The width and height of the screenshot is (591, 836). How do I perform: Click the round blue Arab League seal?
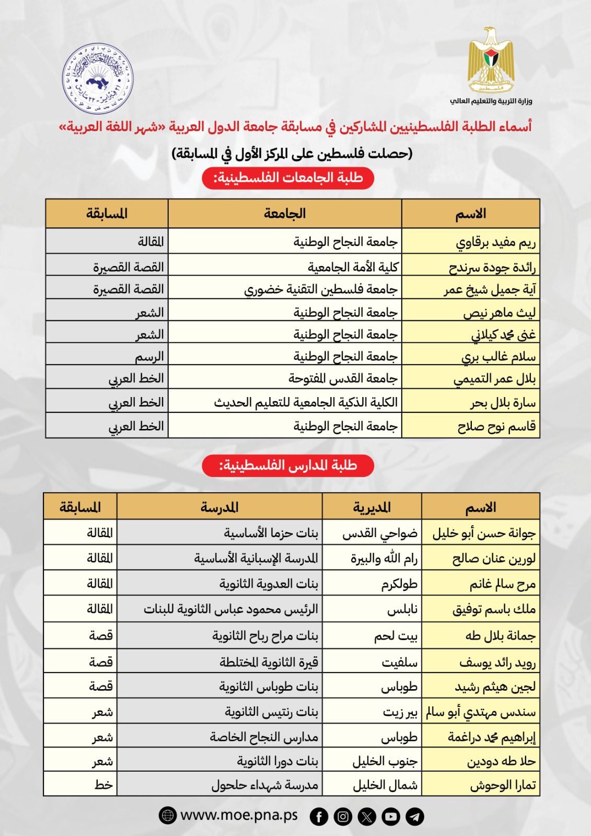(x=98, y=78)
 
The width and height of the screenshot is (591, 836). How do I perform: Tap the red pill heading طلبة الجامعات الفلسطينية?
(x=288, y=178)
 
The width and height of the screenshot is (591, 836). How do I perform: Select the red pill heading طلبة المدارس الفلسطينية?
(x=288, y=465)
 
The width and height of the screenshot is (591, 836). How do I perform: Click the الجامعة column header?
(x=285, y=213)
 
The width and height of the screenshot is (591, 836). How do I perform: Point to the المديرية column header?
(x=372, y=507)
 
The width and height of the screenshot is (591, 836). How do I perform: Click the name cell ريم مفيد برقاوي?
(x=495, y=242)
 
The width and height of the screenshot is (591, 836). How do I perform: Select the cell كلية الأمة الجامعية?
(x=353, y=267)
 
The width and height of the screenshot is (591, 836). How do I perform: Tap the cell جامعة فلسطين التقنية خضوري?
(x=321, y=289)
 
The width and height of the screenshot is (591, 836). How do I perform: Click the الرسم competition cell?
(x=149, y=356)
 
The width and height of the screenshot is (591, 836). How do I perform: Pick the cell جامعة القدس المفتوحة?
(x=343, y=378)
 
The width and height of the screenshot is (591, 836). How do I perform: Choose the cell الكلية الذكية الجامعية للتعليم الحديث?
(x=306, y=402)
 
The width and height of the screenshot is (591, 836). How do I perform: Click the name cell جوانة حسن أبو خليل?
(x=483, y=533)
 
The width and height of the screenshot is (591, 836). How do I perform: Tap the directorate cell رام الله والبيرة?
(x=384, y=558)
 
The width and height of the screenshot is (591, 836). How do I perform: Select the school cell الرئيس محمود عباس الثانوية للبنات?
(x=230, y=609)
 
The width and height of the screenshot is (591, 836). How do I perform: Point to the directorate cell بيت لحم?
(x=396, y=635)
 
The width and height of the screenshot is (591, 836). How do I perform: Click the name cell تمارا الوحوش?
(x=503, y=785)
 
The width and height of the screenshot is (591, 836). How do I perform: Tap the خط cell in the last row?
(x=103, y=784)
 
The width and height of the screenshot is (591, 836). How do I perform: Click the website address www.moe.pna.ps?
(x=239, y=815)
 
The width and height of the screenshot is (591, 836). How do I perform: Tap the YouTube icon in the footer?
(x=391, y=816)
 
